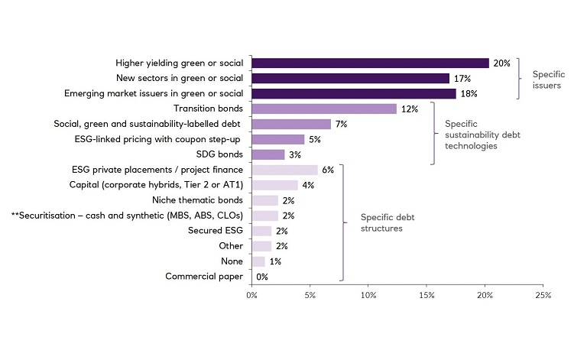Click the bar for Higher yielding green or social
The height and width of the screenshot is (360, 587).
click(x=370, y=63)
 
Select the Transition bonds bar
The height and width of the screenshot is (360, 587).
click(x=324, y=109)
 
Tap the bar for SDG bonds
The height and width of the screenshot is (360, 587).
click(x=268, y=154)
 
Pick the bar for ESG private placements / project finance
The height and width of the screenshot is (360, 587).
click(x=284, y=170)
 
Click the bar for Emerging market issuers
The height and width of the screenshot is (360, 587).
click(x=354, y=93)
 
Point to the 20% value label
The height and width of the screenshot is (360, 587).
click(x=502, y=63)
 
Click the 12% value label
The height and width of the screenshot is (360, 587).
click(x=410, y=109)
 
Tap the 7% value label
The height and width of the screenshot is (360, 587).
click(x=342, y=124)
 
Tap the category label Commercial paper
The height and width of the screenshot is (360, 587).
click(x=204, y=277)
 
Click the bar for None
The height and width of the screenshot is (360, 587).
click(x=258, y=261)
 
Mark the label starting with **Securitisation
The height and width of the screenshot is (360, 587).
click(x=128, y=216)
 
